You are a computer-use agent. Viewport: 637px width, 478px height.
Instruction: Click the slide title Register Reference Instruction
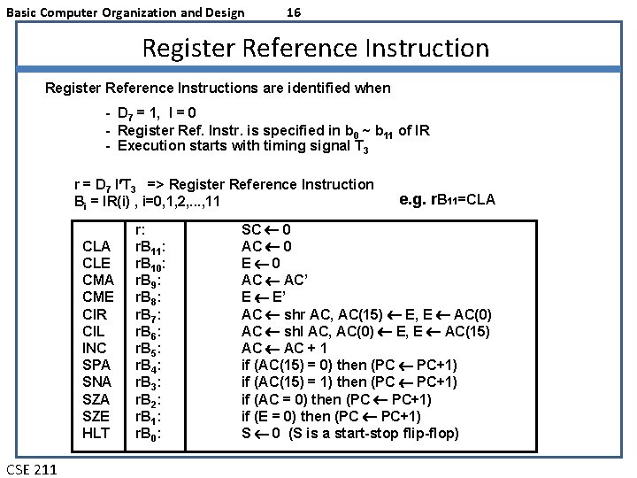tap(315, 48)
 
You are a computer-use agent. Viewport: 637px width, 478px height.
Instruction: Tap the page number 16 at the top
tap(295, 12)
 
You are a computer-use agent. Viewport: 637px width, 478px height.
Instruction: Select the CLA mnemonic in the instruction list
tap(96, 246)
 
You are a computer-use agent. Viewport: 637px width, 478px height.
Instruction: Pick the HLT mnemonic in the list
tap(96, 433)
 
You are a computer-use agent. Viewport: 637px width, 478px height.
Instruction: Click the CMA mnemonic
tap(96, 280)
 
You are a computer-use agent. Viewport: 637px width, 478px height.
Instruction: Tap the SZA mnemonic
tap(96, 399)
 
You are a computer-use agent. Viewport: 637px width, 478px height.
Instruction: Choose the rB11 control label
tap(151, 247)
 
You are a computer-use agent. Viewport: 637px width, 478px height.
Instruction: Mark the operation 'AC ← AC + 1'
tap(284, 348)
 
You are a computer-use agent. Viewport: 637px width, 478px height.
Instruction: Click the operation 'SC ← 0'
tap(266, 229)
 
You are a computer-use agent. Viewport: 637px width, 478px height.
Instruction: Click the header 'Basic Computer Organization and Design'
tap(125, 12)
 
